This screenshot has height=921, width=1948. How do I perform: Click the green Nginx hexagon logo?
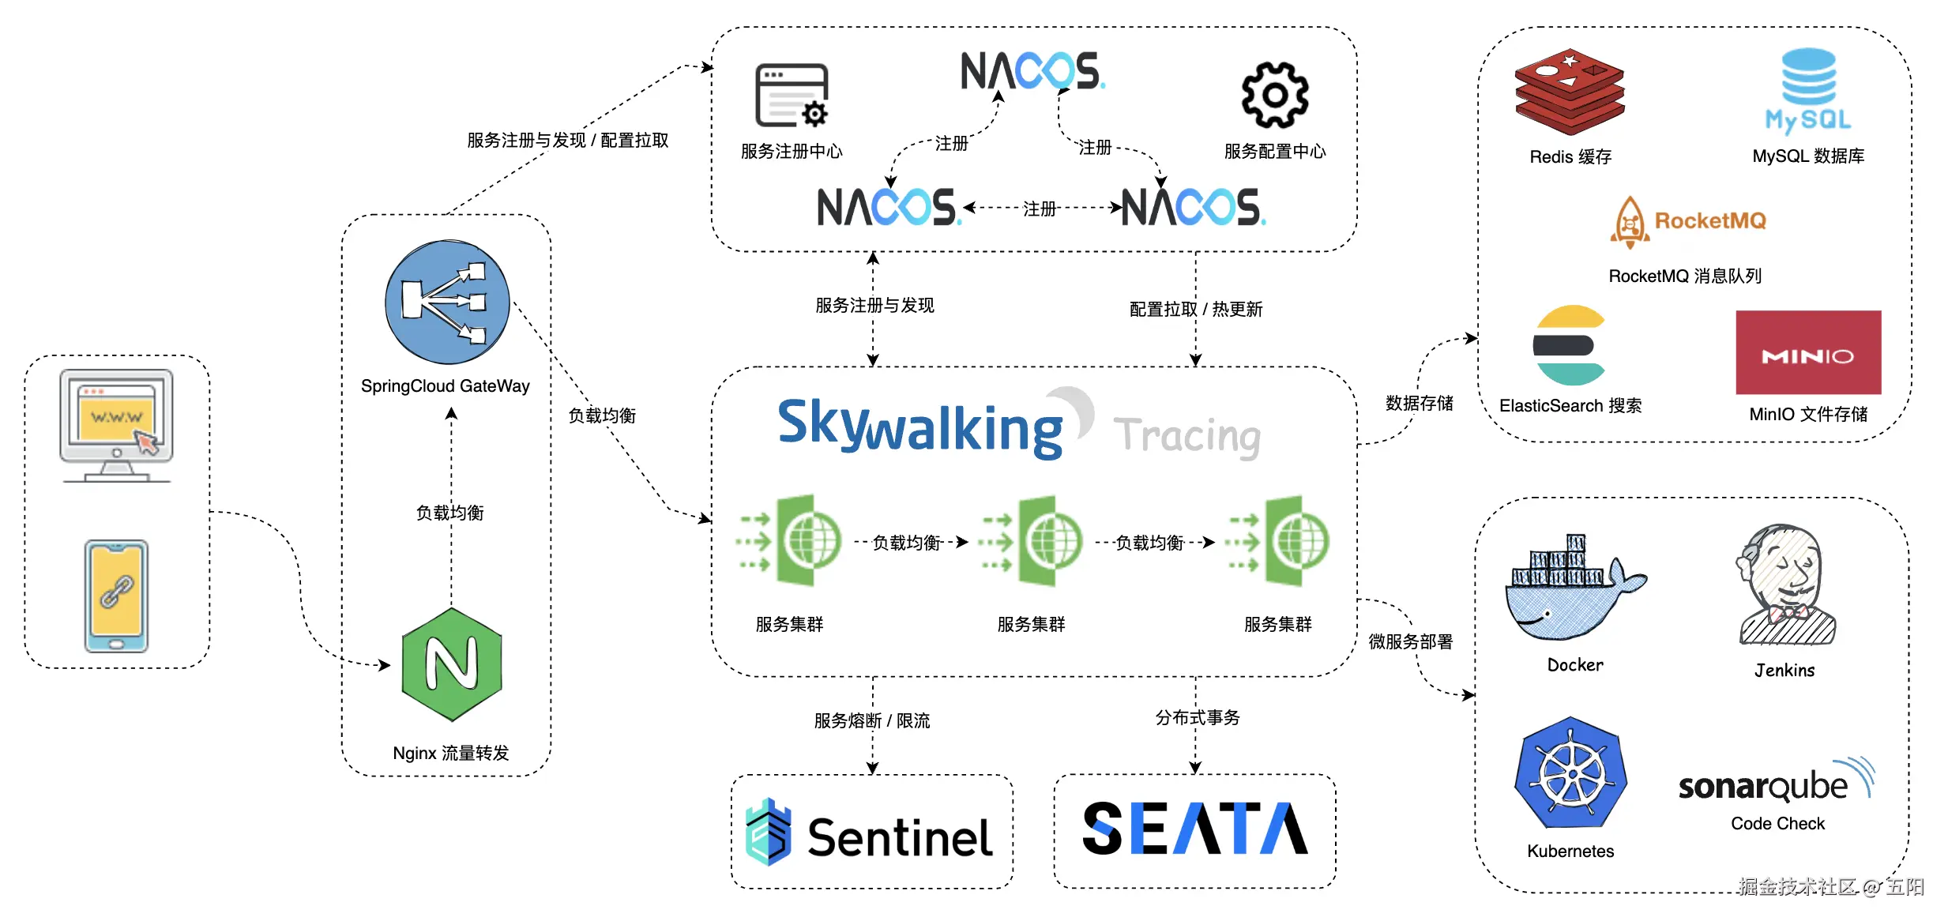(452, 664)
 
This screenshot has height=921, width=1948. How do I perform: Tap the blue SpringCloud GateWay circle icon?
(447, 302)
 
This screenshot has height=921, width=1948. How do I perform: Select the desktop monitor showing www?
(117, 425)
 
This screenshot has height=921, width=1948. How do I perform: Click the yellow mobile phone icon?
(116, 596)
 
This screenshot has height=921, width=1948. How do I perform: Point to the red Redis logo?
(1570, 91)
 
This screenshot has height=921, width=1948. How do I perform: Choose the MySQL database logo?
(1808, 90)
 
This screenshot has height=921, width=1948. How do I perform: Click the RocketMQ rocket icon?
(1629, 222)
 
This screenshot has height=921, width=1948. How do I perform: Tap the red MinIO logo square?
(1808, 352)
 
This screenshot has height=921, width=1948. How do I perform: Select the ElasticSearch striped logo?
(1569, 345)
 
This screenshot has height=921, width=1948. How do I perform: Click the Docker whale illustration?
(1574, 588)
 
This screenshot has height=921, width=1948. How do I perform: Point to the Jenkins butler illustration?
(1785, 585)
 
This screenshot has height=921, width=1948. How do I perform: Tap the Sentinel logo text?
(900, 837)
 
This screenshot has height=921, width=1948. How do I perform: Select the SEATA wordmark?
(1195, 829)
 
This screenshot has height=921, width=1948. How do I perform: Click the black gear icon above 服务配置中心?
(1275, 95)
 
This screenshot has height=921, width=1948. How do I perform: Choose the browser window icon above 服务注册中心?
(792, 96)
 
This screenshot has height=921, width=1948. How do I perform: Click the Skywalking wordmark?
(920, 427)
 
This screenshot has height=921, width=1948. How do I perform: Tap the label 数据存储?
(1420, 404)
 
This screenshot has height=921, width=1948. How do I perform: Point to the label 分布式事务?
(1198, 717)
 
